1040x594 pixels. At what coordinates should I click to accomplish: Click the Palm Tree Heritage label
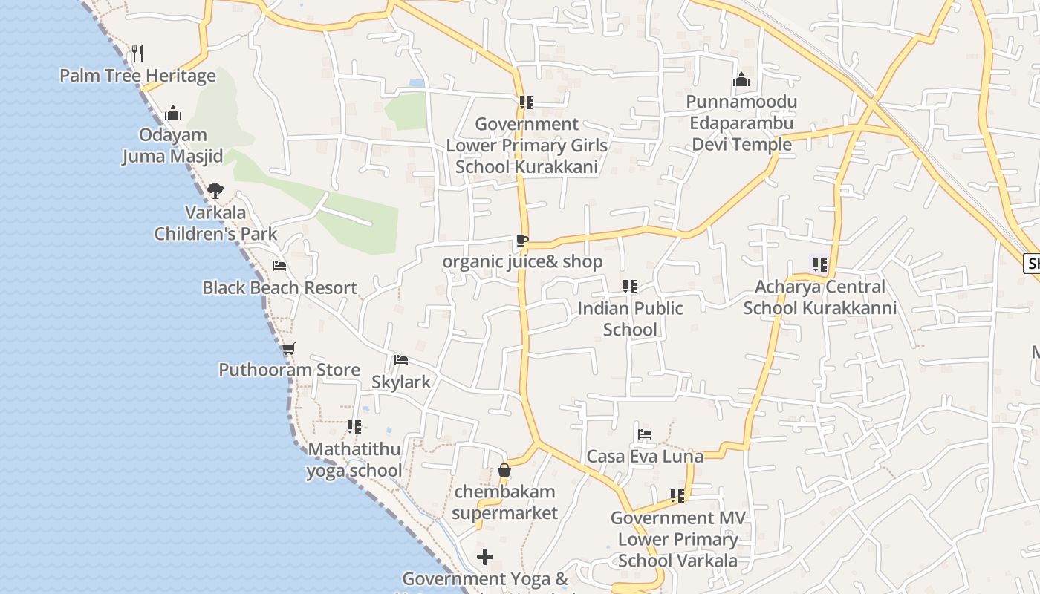click(137, 76)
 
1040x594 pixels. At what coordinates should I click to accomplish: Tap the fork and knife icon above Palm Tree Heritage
click(137, 53)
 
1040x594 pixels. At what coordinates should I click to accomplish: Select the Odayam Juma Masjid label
click(173, 146)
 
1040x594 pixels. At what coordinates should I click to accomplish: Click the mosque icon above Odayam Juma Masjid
click(173, 113)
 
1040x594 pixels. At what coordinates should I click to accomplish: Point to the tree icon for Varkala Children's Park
click(215, 191)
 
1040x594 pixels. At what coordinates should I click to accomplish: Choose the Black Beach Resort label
click(279, 288)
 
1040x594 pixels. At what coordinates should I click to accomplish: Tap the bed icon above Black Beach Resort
click(279, 265)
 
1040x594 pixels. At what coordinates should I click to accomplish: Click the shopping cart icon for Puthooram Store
click(288, 347)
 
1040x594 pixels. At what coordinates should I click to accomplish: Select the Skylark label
click(401, 382)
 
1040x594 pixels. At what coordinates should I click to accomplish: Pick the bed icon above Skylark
click(401, 360)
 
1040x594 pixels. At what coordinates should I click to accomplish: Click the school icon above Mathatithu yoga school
click(354, 427)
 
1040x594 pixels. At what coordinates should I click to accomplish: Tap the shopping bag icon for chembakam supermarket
click(504, 470)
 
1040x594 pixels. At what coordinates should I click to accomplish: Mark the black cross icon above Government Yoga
click(485, 556)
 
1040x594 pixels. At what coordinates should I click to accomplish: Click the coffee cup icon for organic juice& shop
click(522, 240)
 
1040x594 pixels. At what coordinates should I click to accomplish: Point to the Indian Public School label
click(630, 319)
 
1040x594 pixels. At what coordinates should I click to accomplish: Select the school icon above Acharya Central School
click(820, 264)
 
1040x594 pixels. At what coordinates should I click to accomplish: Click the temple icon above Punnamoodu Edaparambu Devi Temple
click(741, 80)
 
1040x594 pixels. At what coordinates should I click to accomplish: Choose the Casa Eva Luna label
click(645, 457)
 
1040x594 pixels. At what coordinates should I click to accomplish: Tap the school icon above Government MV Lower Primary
click(677, 495)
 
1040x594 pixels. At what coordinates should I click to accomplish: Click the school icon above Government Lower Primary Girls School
click(527, 102)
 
